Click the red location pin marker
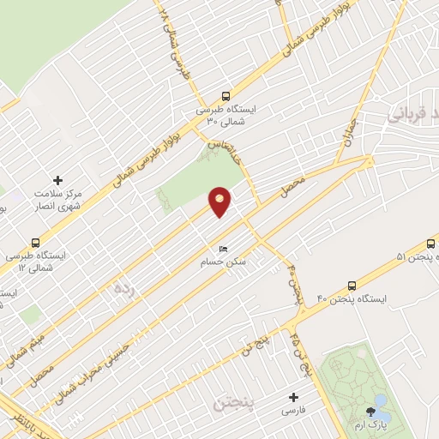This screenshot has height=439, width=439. pos(219,201)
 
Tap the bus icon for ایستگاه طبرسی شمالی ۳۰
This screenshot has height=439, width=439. pos(226,97)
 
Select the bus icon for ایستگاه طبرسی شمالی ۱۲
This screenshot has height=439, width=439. pos(35,243)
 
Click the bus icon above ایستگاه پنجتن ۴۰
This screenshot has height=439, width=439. pos(352,286)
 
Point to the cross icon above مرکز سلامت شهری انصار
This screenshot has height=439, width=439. pos(57,180)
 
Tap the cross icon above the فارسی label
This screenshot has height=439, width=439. pos(293,397)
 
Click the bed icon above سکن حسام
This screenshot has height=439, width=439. pos(224,250)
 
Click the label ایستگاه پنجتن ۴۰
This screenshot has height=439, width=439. pos(352,298)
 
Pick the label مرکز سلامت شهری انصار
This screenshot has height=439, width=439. pos(57,200)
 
